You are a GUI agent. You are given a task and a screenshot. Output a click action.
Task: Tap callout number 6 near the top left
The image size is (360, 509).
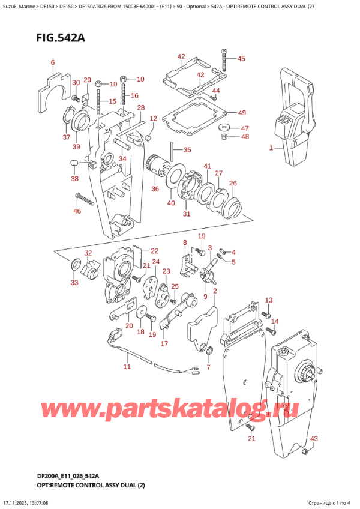pos(52,62)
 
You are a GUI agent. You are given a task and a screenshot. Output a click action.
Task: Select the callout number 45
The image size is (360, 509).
pos(241,59)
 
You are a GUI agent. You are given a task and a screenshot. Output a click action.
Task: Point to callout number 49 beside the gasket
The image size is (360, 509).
pos(241,113)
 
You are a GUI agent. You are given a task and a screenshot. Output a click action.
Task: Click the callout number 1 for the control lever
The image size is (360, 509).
pos(271,148)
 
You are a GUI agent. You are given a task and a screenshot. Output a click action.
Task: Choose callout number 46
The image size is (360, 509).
pos(77,211)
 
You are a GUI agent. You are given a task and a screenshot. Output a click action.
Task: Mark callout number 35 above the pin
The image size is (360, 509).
pos(187,150)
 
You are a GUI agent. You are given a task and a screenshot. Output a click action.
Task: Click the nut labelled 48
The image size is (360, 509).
pos(223,137)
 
